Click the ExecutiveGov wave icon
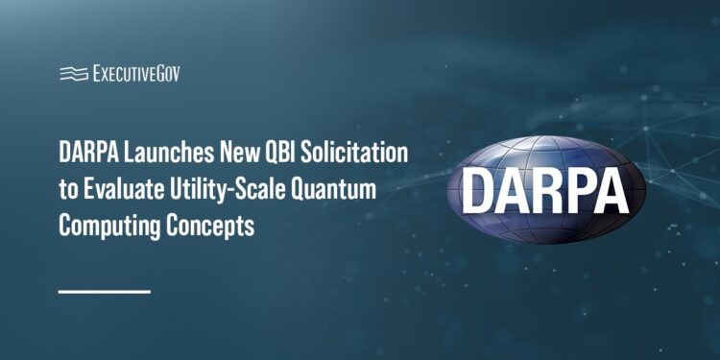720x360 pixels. (x=72, y=73)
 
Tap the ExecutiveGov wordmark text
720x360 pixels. (x=134, y=73)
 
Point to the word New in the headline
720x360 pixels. (x=236, y=154)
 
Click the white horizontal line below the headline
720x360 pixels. (x=105, y=290)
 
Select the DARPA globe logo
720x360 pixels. (x=544, y=187)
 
